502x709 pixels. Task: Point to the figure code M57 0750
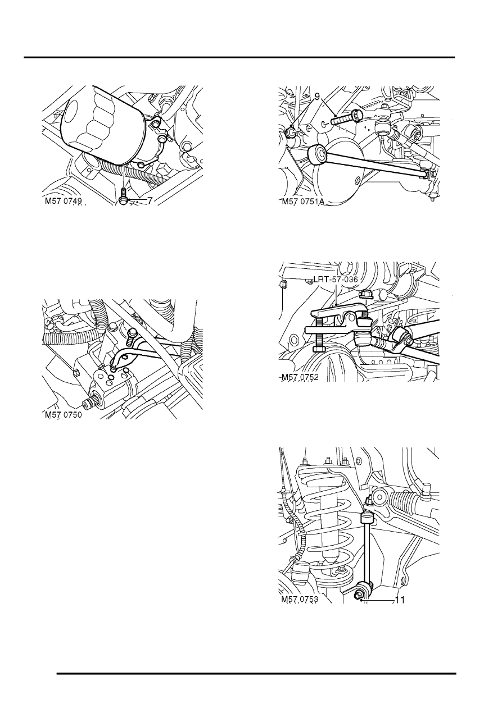(64, 415)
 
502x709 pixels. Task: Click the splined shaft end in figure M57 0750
(88, 404)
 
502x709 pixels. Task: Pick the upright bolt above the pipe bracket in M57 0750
(132, 337)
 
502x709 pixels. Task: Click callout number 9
(318, 97)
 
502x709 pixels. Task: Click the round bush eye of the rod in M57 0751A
(318, 153)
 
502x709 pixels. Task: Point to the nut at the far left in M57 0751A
(291, 132)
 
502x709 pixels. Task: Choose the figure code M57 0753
(299, 600)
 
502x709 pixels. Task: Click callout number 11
(400, 600)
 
